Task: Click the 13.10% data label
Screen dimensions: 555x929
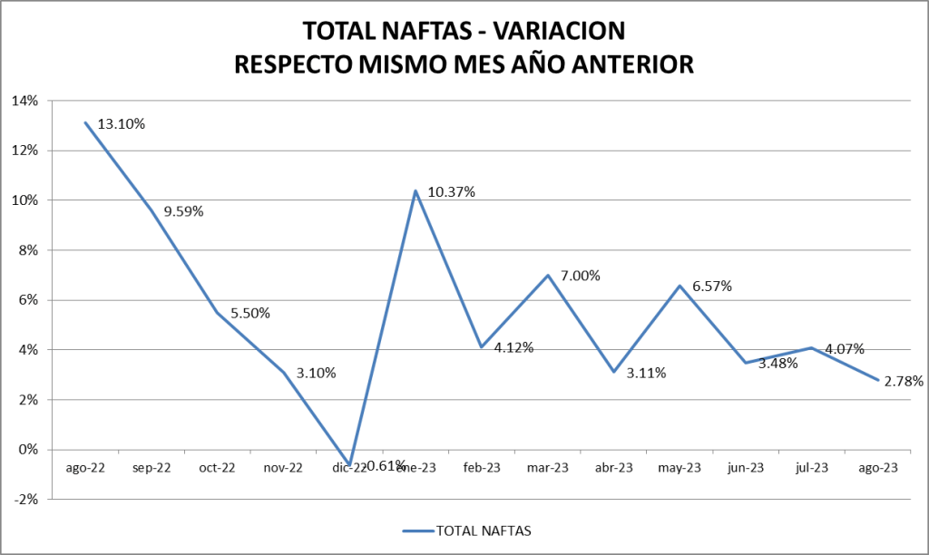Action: (122, 124)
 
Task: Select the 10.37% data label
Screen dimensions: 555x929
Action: (451, 192)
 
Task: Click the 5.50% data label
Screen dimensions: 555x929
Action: (249, 313)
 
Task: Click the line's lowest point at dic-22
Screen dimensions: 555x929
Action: (349, 464)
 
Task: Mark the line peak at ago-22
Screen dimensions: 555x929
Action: (86, 122)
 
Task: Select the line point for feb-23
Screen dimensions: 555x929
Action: (482, 346)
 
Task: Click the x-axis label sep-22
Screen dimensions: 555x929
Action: (152, 468)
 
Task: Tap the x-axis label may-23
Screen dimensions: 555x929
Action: (680, 468)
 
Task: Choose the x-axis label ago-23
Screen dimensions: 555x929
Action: (877, 468)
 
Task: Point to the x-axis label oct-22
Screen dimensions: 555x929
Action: (218, 468)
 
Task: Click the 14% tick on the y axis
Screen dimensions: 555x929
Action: (26, 101)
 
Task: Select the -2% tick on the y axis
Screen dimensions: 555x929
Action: (27, 499)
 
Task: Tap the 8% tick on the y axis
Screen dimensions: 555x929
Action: (29, 250)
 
